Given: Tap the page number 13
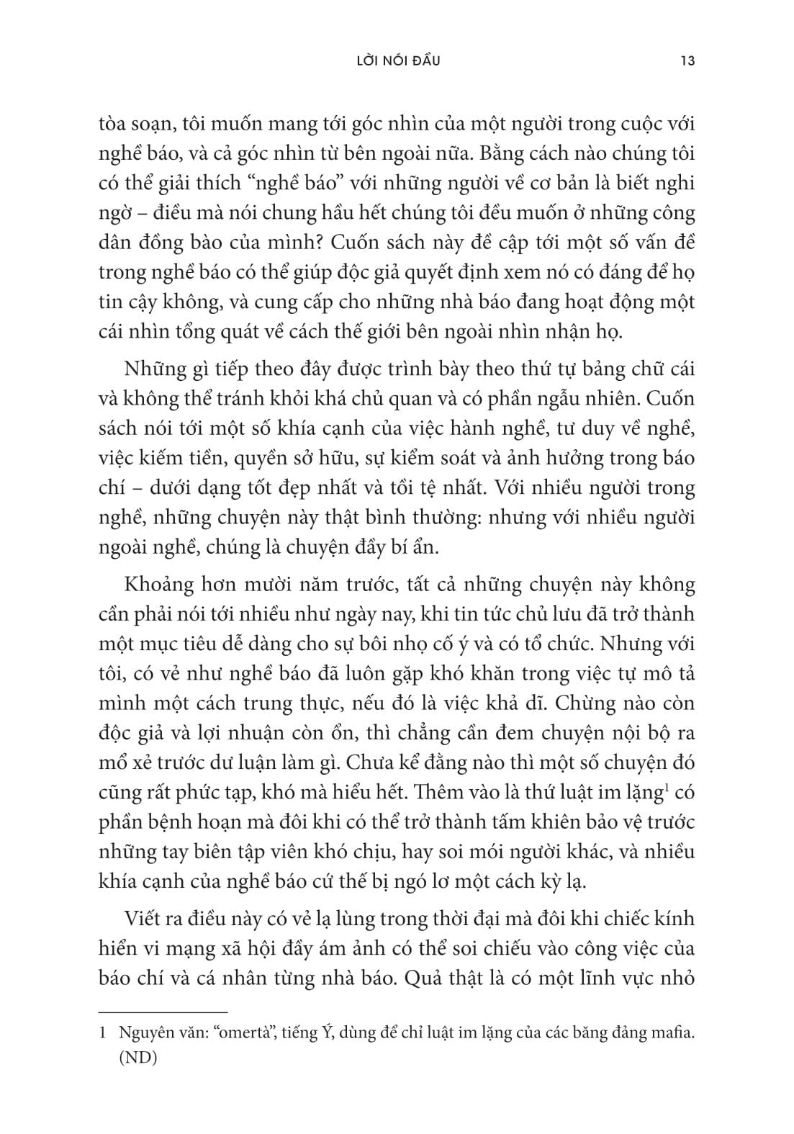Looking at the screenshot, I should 687,61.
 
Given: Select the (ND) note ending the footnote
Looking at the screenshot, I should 137,1058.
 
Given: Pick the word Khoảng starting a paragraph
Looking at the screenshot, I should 160,585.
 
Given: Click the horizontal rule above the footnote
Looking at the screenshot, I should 163,1012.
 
